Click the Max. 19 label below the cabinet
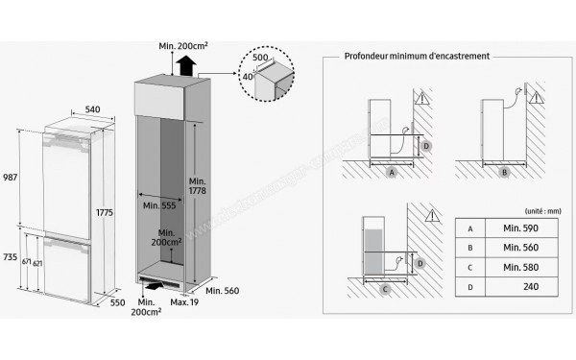(184, 301)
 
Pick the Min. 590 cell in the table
(516, 229)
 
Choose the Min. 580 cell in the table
(516, 270)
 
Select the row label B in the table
(470, 250)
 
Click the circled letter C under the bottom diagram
(384, 289)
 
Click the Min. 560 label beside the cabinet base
(230, 289)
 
